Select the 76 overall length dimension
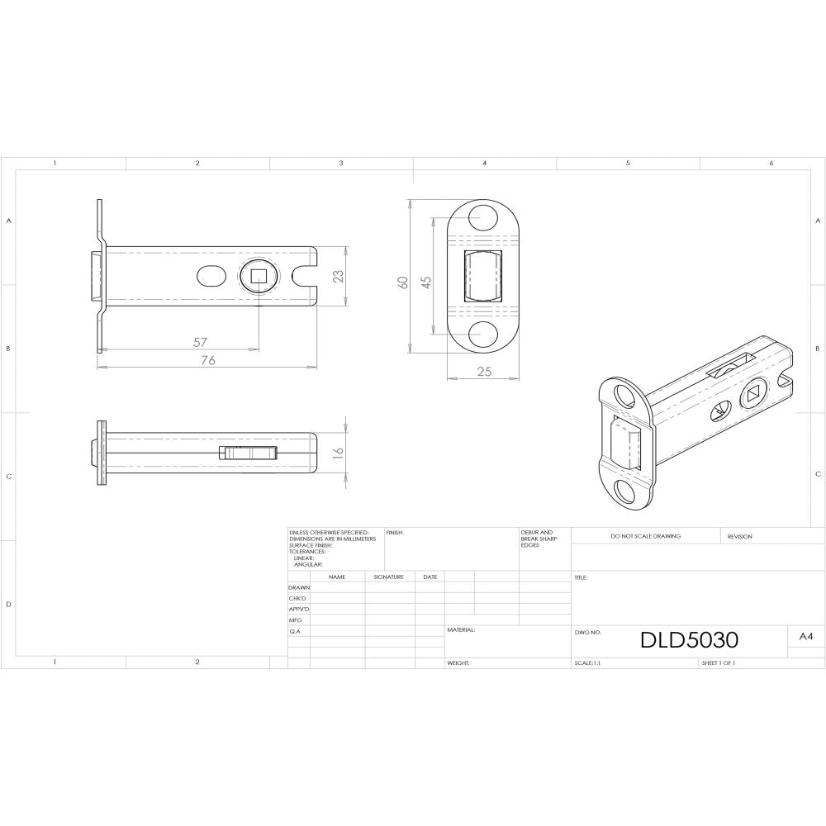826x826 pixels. [x=208, y=360]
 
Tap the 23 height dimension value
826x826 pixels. [x=337, y=277]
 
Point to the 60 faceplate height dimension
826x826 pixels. [x=403, y=282]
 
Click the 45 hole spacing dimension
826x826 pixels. [x=426, y=282]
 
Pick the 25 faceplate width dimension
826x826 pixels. [x=484, y=372]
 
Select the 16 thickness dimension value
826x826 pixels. [x=337, y=453]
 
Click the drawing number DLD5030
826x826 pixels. [x=689, y=640]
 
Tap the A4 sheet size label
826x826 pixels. [x=806, y=637]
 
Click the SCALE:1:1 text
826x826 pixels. [x=587, y=663]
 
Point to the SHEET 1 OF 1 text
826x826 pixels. [x=718, y=663]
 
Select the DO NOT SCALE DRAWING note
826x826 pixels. [x=645, y=536]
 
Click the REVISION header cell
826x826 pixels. [x=739, y=536]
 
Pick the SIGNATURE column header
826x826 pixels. [x=388, y=577]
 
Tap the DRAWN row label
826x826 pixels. [x=299, y=587]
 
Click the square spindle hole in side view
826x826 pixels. [x=259, y=277]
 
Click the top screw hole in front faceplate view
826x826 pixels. [x=484, y=219]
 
